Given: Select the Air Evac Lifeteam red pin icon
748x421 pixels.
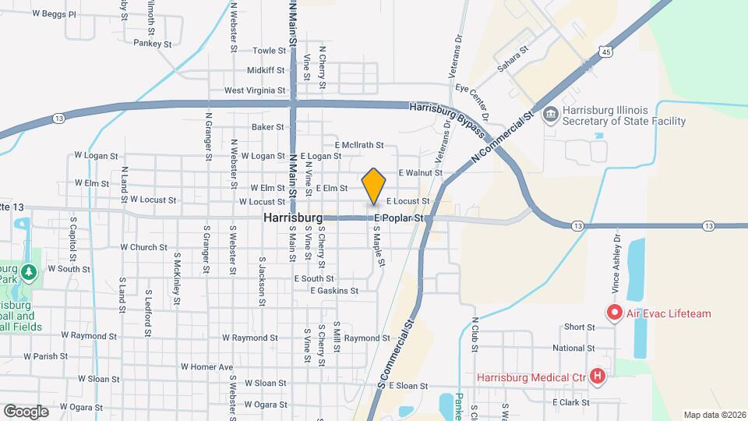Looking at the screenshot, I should pos(613,313).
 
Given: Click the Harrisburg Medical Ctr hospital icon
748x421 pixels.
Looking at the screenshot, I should pos(598,377).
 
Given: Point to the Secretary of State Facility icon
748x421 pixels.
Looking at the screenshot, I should pos(550,115).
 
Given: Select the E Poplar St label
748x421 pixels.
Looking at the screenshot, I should pos(400,218).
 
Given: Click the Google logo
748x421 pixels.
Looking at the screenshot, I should pos(26,411).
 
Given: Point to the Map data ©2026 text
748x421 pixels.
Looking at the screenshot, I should pos(714,415).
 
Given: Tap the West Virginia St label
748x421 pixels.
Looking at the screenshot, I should pos(254,90).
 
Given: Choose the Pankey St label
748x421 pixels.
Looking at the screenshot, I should pos(152,44).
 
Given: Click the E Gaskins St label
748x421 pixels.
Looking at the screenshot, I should pos(333,291).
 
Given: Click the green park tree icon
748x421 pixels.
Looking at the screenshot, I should pos(30,272).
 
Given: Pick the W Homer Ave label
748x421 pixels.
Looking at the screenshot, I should pos(206,366).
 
